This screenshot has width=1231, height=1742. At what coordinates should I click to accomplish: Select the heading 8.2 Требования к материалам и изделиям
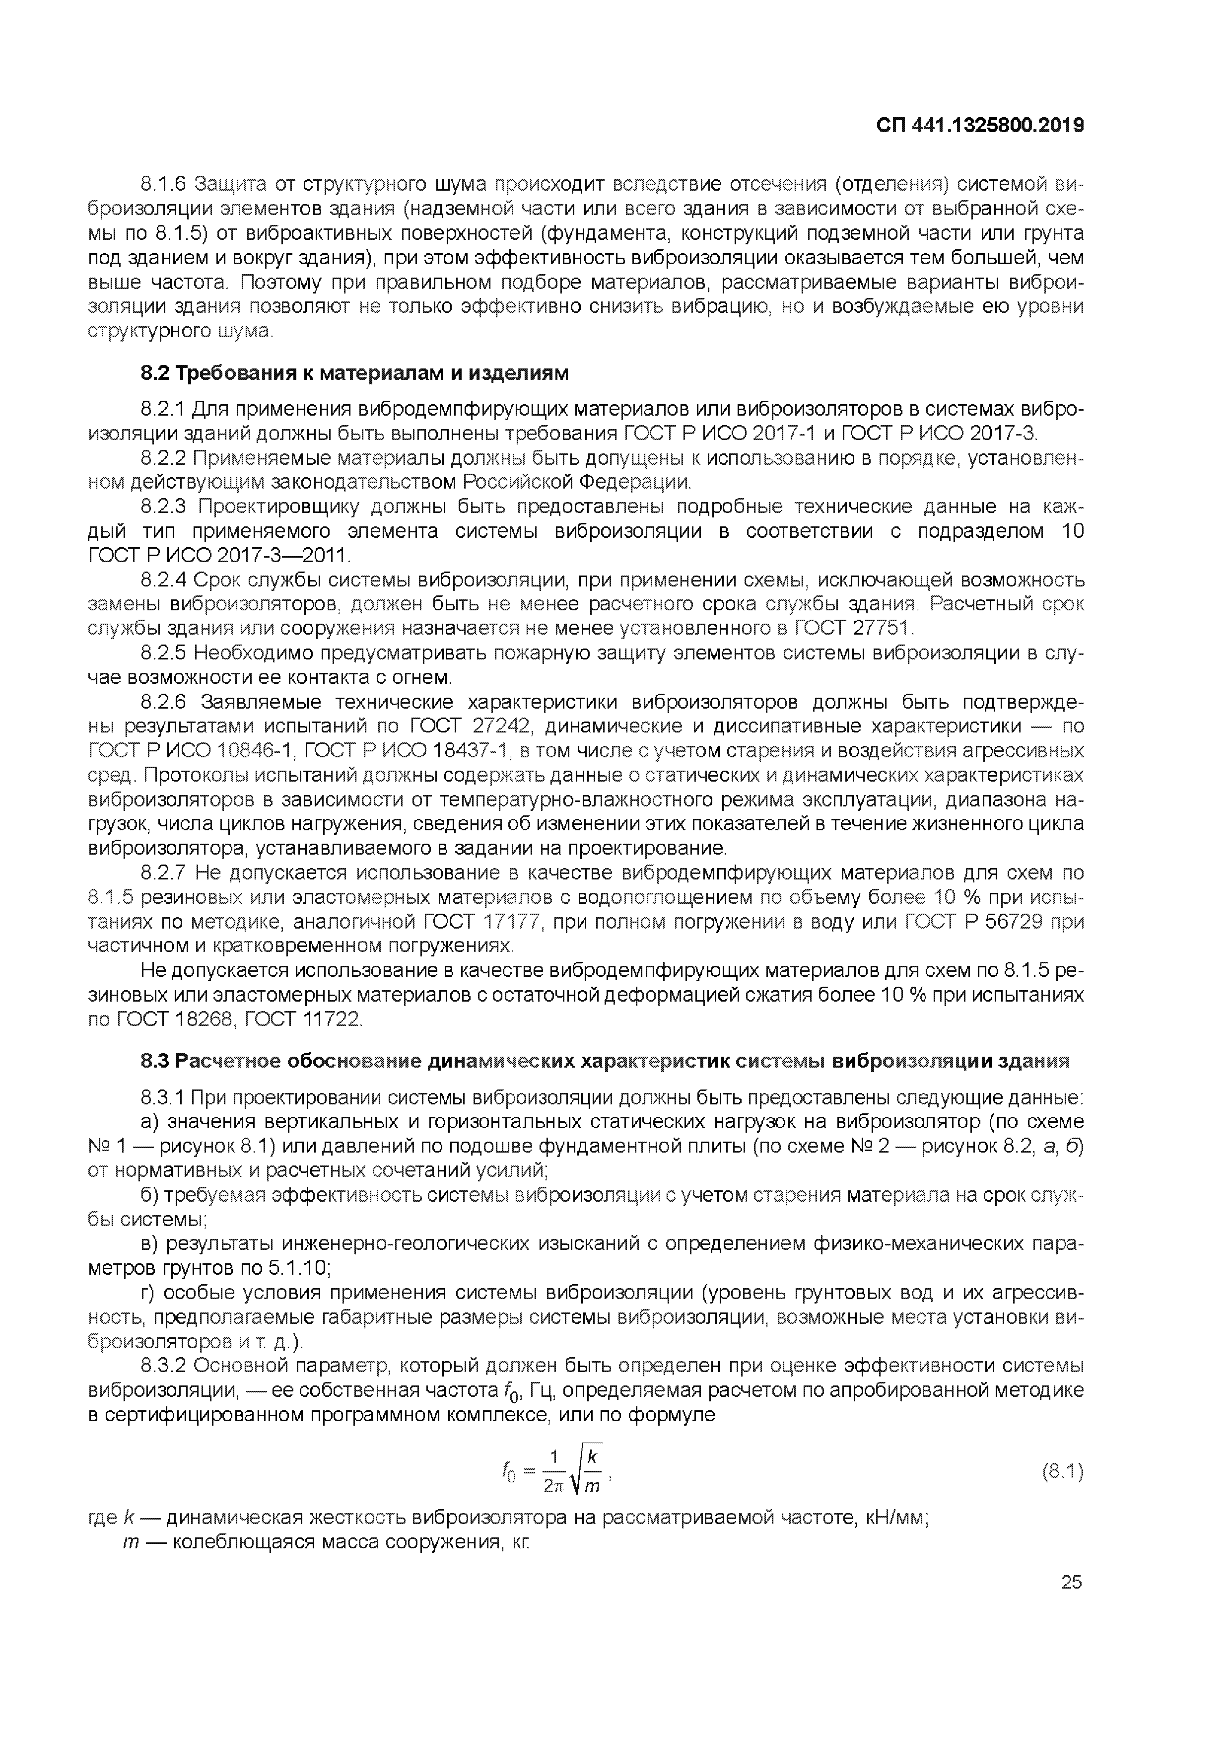pyautogui.click(x=354, y=374)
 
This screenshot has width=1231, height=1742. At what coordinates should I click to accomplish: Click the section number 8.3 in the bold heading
pyautogui.click(x=155, y=1061)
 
